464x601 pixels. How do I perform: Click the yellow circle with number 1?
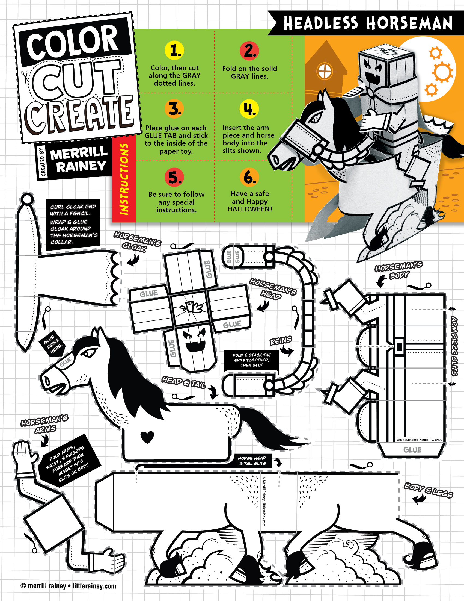pos(174,50)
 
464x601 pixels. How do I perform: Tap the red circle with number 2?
pos(249,51)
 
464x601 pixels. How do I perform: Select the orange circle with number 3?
pos(174,108)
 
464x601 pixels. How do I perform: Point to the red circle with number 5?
pos(174,177)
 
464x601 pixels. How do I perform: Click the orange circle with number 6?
pos(249,177)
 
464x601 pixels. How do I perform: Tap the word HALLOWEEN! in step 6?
pos(249,209)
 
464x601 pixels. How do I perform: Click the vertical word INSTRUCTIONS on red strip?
pos(124,179)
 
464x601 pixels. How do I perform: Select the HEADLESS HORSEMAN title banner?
pos(368,23)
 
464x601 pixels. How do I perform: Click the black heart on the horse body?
pos(147,437)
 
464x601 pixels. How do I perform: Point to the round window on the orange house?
pos(325,71)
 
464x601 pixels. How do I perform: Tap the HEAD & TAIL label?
pos(184,382)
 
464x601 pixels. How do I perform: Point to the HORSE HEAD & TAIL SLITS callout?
pos(252,461)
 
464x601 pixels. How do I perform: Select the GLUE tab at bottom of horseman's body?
pos(412,450)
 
